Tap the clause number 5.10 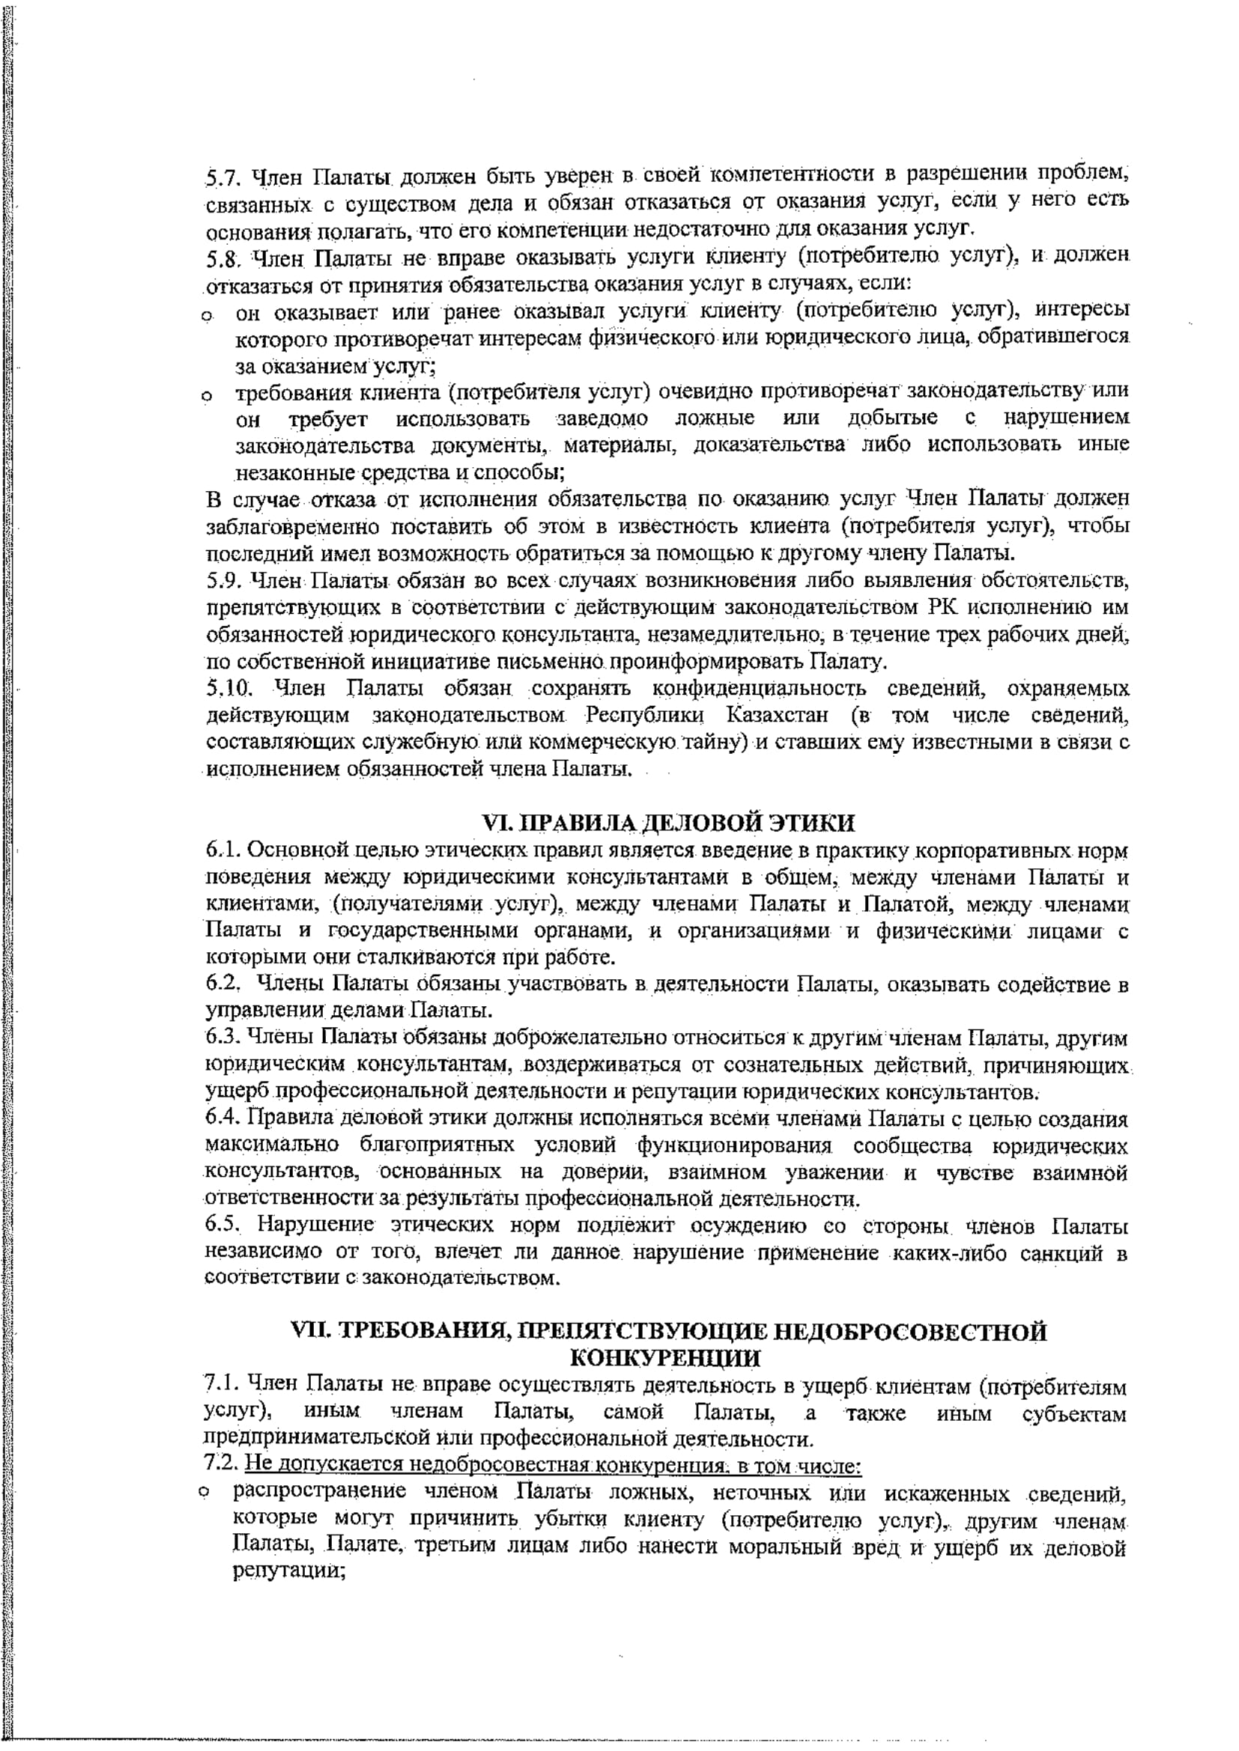[228, 689]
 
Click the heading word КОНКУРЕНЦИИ [665, 1358]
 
